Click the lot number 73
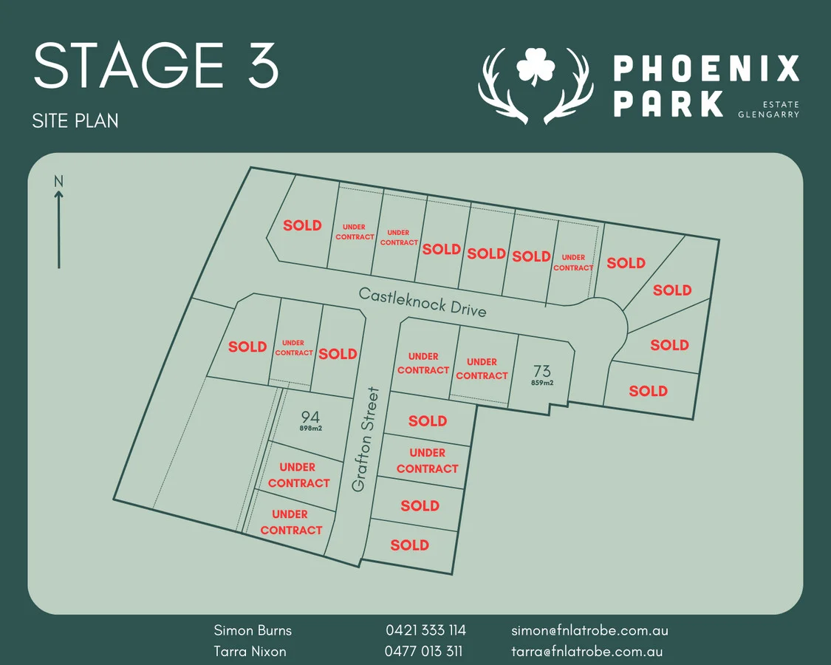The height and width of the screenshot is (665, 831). tap(542, 370)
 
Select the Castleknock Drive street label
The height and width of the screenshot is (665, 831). tap(423, 301)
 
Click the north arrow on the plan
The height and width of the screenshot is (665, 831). tap(59, 228)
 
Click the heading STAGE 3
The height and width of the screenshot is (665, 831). tap(156, 66)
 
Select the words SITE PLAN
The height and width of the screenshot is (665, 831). tap(75, 120)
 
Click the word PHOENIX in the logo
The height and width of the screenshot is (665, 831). tap(706, 69)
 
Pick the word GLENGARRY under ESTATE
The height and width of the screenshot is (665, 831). tap(768, 115)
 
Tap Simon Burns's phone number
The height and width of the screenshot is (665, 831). tap(425, 630)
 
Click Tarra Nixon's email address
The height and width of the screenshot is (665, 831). tap(587, 652)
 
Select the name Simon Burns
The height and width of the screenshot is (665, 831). tap(253, 630)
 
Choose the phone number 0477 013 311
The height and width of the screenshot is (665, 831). tap(423, 652)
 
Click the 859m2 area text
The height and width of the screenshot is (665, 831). tap(542, 383)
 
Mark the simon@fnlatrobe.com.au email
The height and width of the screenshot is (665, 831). tap(589, 630)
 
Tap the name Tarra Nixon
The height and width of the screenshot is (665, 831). tap(250, 652)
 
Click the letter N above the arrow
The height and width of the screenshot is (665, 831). tap(59, 180)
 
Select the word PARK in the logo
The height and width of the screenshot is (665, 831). tap(668, 103)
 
